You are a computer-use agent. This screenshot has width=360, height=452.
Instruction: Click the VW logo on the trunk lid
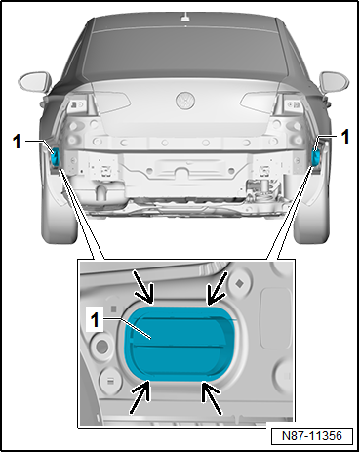coord(185,101)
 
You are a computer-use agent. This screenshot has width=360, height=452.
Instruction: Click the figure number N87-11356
coord(312,436)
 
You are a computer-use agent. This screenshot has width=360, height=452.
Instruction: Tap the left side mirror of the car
coord(35,80)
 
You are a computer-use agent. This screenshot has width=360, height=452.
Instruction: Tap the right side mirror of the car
coord(335,81)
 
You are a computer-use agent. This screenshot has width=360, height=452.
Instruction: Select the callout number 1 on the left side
coord(17,142)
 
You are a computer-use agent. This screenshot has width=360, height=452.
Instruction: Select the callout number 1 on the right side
coord(345,137)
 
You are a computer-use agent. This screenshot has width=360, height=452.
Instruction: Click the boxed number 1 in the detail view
coord(95,320)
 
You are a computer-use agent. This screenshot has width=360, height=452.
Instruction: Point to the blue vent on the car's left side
coord(55,156)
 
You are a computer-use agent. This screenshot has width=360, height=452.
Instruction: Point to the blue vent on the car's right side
coord(315,156)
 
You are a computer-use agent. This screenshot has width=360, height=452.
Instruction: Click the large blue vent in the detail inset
coord(180,343)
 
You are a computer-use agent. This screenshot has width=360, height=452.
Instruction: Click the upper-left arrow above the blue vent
coord(145,287)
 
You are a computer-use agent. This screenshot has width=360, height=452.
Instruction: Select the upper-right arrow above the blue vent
coord(216,289)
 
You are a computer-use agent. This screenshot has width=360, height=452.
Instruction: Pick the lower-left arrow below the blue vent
coord(140,396)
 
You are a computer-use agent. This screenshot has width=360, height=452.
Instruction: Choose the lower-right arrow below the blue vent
coord(212,398)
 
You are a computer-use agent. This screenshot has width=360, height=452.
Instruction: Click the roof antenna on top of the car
coord(185,17)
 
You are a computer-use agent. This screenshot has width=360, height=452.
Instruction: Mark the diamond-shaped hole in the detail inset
coord(240,284)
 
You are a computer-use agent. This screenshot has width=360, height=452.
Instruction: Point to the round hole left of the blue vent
coord(101,346)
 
